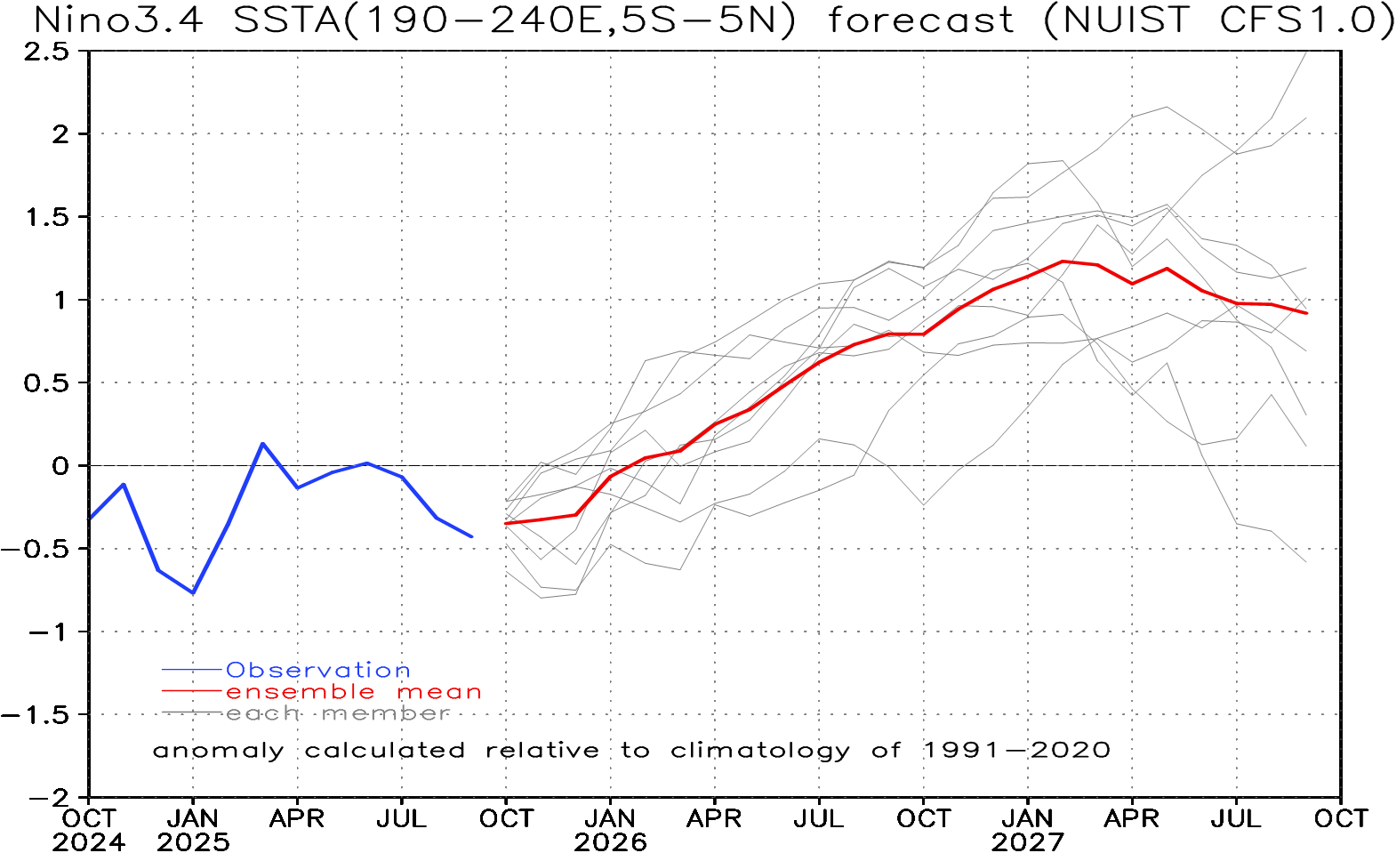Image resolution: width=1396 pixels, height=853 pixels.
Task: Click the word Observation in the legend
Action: click(x=318, y=670)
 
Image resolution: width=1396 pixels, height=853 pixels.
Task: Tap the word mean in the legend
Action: click(x=439, y=692)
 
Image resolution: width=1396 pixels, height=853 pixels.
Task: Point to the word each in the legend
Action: click(x=262, y=713)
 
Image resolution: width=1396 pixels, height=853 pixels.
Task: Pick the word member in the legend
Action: click(x=386, y=713)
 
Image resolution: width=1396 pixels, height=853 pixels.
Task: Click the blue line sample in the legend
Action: click(x=191, y=669)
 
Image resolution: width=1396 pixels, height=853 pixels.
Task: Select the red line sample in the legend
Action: click(x=191, y=691)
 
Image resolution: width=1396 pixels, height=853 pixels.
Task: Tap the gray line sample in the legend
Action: click(x=191, y=712)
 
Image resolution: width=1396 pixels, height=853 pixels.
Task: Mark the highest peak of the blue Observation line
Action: click(x=262, y=443)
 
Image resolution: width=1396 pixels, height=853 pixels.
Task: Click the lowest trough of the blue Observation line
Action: click(x=193, y=592)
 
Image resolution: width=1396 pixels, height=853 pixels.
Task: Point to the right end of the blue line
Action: click(x=472, y=536)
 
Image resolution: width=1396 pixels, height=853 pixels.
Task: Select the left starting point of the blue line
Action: click(x=90, y=518)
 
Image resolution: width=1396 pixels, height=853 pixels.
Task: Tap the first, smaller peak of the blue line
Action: click(x=124, y=485)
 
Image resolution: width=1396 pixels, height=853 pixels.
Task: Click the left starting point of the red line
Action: click(x=506, y=524)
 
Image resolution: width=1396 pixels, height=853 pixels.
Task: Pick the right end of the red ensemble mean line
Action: click(x=1307, y=313)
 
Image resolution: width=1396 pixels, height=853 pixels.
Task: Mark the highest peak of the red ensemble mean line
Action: click(x=1063, y=262)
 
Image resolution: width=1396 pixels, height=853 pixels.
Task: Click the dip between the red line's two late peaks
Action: click(x=1133, y=283)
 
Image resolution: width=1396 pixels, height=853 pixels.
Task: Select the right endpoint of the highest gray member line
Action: click(x=1306, y=52)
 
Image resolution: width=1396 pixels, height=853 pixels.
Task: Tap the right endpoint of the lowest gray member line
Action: click(x=1307, y=562)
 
